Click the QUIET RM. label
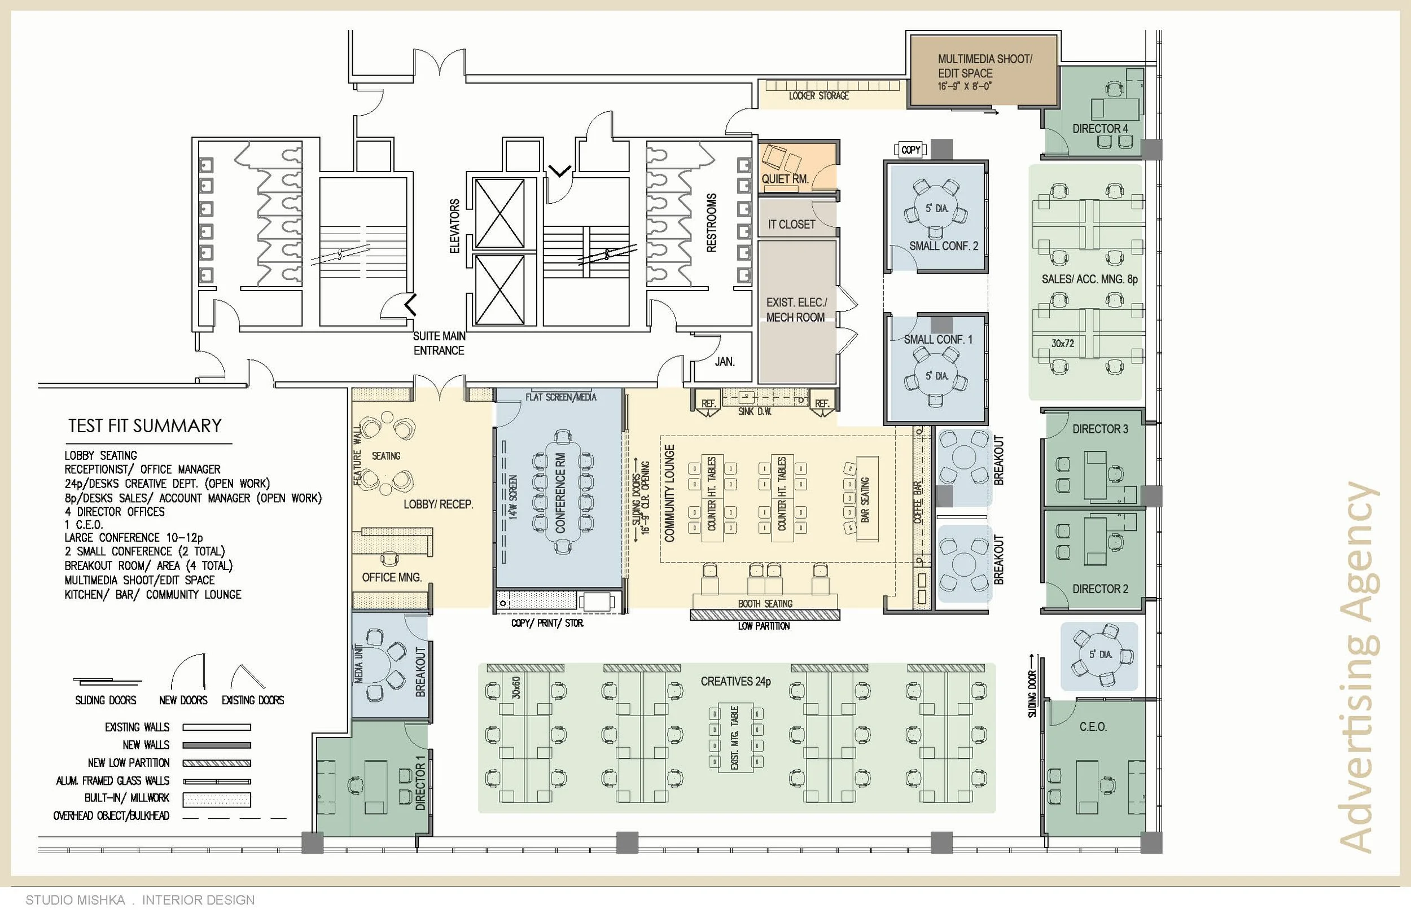[x=785, y=178]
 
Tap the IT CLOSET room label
[x=791, y=224]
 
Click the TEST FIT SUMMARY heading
[x=144, y=425]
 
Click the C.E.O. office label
[x=1093, y=727]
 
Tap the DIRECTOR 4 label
[x=1100, y=129]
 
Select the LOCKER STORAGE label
[x=818, y=96]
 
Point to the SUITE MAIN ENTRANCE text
[x=439, y=343]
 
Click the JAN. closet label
[x=725, y=362]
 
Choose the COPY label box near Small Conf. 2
[x=910, y=150]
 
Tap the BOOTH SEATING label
[x=765, y=604]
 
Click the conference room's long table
[x=560, y=492]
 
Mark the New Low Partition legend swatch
[x=216, y=763]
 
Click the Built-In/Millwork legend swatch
[x=216, y=800]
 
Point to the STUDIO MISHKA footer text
[x=75, y=900]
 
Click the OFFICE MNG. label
[x=392, y=577]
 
